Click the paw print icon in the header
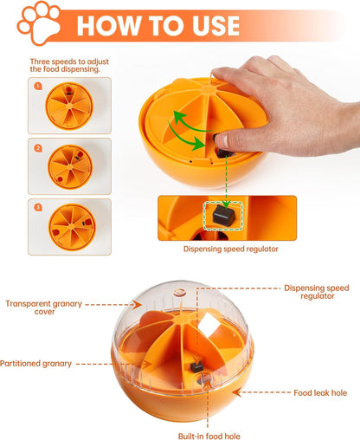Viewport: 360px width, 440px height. click(x=39, y=23)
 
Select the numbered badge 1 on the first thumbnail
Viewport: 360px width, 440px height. click(x=38, y=87)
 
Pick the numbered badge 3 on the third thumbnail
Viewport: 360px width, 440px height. click(x=38, y=207)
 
